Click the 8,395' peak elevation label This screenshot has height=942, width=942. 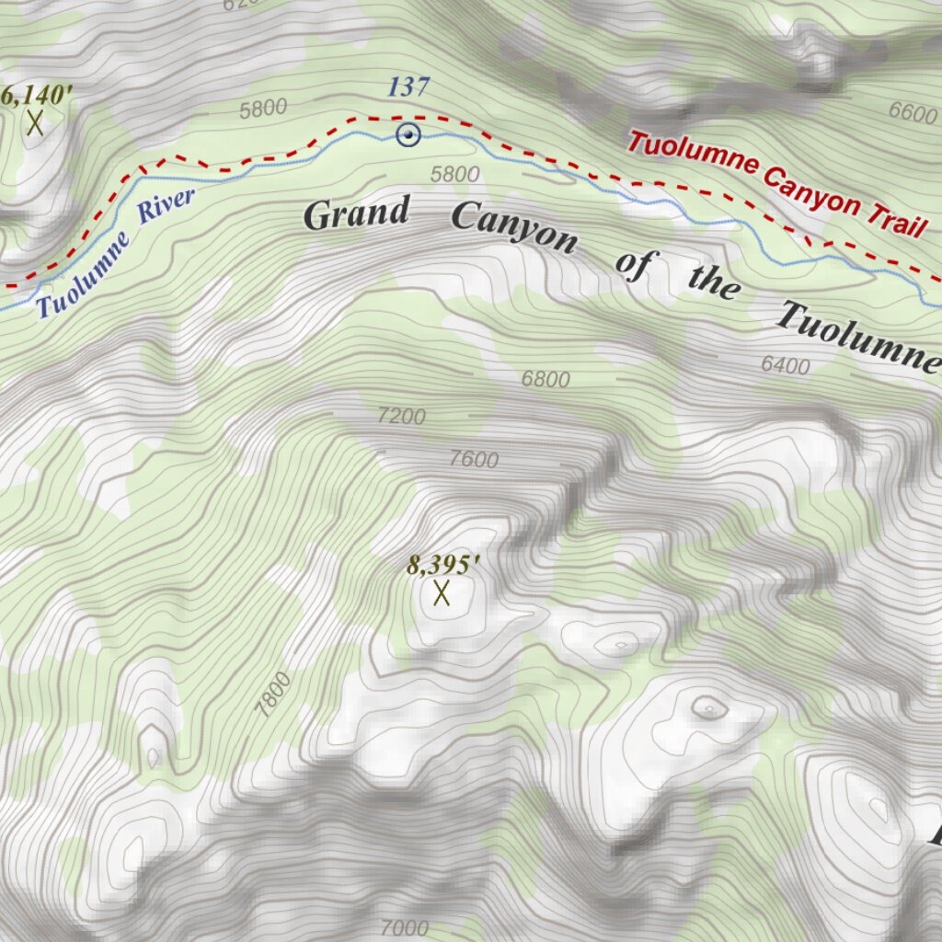tap(444, 564)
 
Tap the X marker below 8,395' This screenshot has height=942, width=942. tap(442, 593)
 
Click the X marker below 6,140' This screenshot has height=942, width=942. tap(35, 122)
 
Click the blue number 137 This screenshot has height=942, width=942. tap(408, 88)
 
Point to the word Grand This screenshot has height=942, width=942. tap(356, 213)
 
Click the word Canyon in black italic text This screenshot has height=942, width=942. tap(514, 229)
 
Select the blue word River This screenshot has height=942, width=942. tap(167, 206)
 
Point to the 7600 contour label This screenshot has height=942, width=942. tap(474, 459)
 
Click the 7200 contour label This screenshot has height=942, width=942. tap(402, 416)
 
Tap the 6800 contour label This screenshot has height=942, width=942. tap(546, 378)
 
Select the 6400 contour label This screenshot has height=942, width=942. tap(786, 366)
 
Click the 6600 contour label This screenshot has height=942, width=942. tap(913, 112)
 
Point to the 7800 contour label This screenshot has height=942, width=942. tap(274, 695)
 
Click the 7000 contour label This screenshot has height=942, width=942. tap(405, 927)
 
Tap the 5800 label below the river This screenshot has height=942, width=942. tap(455, 174)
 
